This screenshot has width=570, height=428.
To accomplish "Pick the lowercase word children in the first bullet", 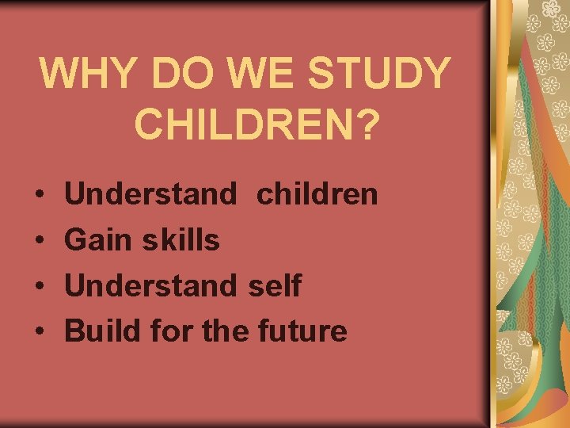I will [x=317, y=193].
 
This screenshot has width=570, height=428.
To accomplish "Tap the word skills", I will [x=180, y=239].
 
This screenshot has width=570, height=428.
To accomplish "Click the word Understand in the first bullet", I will [x=150, y=193].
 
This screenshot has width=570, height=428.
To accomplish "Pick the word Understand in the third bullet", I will [x=150, y=285].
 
